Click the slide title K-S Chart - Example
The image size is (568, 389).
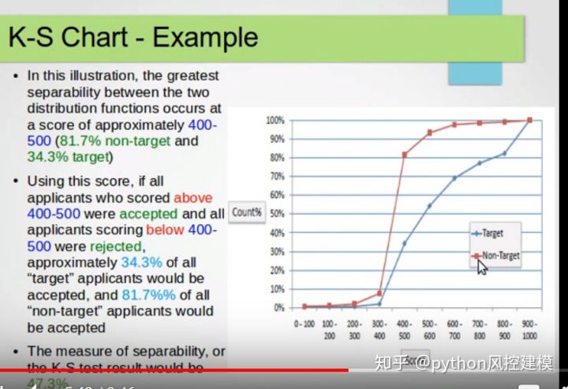pos(133,36)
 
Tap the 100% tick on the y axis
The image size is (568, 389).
pos(274,120)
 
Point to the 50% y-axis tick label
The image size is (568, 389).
pos(275,214)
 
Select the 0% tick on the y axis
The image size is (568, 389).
pos(277,308)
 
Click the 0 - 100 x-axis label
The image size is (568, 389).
pos(305,329)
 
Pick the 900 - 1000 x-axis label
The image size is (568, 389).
pos(529,329)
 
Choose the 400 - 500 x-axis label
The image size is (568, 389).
pos(404,329)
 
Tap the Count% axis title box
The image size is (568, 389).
pos(247,212)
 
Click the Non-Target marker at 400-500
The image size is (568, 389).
pos(405,155)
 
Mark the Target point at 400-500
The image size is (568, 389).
pos(405,243)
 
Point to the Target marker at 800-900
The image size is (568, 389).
pos(505,153)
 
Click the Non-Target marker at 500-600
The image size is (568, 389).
pos(430,133)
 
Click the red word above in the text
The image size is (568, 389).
pos(193,197)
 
